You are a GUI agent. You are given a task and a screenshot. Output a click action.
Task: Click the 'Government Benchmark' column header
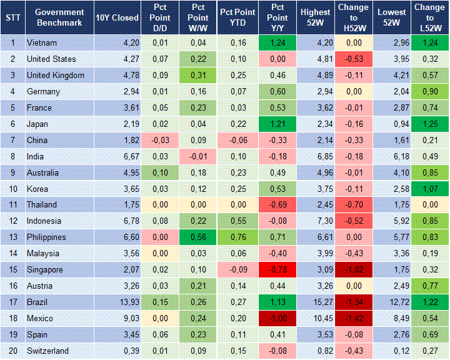tap(59, 17)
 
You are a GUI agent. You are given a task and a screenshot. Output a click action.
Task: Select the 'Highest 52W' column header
tap(316, 17)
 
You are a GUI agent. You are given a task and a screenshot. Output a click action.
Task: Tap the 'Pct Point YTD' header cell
tap(237, 17)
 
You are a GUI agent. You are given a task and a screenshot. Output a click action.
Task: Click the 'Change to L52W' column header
tap(429, 17)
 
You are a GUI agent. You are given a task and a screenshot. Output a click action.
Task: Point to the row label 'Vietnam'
tap(42, 42)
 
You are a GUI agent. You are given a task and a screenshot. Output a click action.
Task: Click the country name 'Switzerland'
tap(47, 351)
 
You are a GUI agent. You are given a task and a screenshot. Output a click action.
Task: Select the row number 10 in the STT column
tap(12, 189)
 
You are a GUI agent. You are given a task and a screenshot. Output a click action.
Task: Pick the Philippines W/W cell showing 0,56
tap(199, 237)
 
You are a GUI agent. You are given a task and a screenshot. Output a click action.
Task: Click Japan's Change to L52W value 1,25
tap(429, 124)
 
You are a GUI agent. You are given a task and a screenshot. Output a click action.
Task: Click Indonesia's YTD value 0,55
tap(237, 221)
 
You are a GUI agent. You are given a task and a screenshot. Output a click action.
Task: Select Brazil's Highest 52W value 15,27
tap(316, 302)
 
